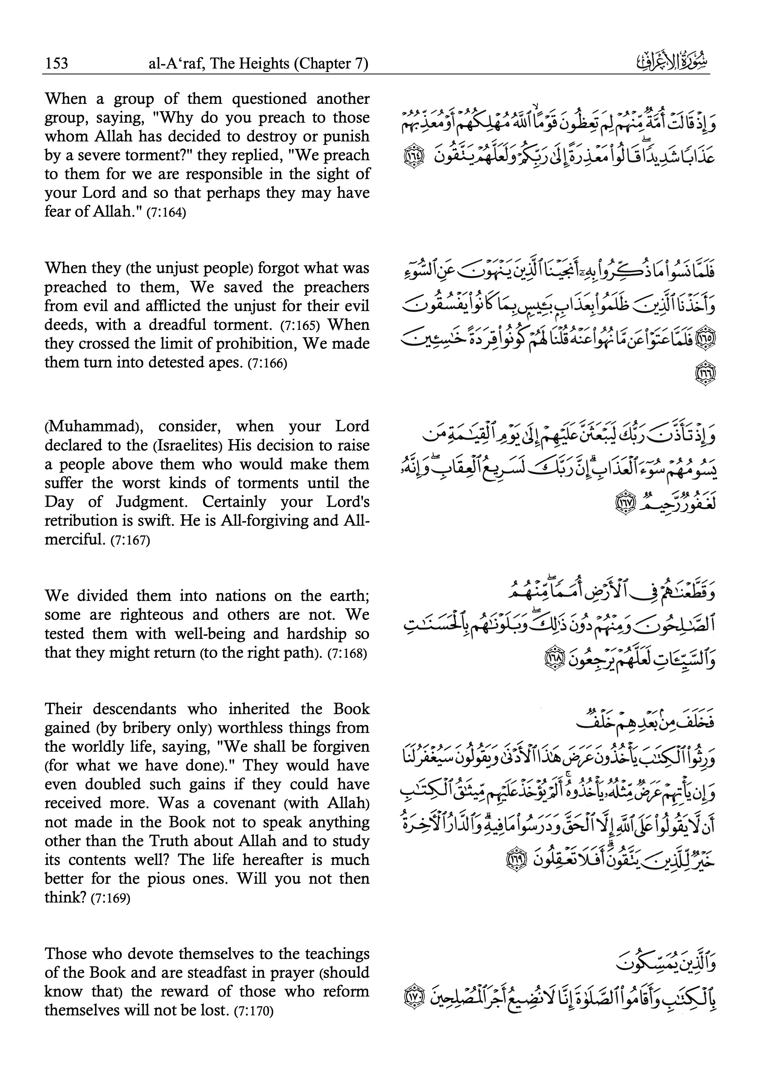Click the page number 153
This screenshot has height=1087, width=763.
click(56, 63)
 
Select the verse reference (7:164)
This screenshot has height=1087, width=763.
click(166, 213)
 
